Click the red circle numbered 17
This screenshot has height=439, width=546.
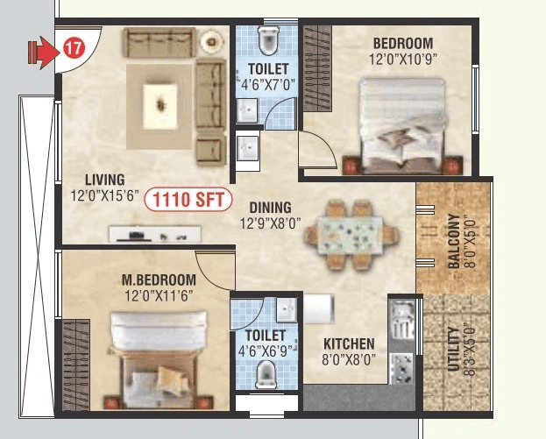tap(73, 49)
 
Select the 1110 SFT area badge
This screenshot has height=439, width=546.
tap(188, 200)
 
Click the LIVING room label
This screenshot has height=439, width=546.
tap(104, 181)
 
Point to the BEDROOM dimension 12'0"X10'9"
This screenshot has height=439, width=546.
tap(402, 60)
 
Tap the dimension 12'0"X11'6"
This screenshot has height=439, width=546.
tap(158, 295)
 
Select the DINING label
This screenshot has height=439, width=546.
tap(271, 208)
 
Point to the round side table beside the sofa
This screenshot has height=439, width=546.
tap(210, 41)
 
